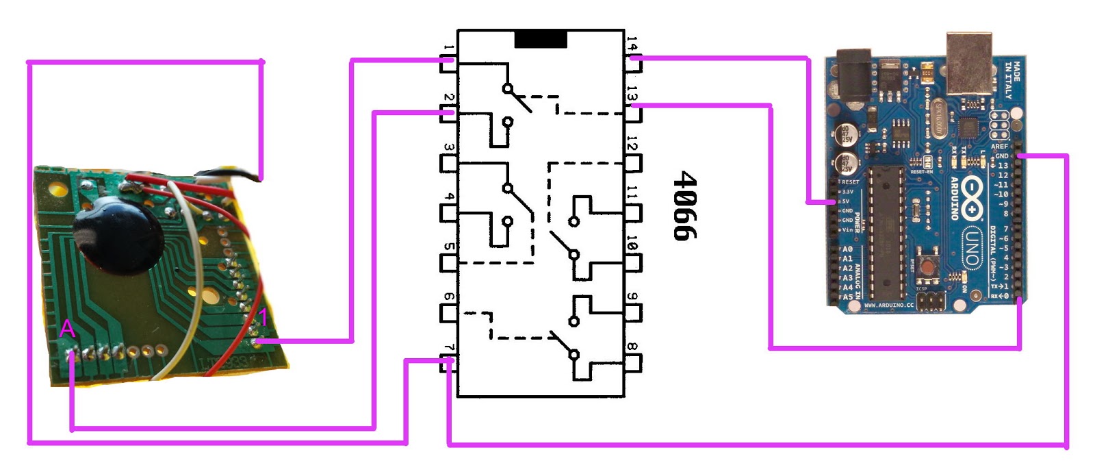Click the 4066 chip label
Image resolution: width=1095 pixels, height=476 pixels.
point(685,205)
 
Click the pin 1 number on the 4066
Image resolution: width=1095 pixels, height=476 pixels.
point(448,49)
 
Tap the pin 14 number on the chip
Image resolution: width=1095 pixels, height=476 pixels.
point(632,45)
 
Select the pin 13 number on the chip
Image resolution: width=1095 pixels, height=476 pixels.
point(632,96)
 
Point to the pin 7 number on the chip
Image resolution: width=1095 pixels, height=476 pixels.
point(448,349)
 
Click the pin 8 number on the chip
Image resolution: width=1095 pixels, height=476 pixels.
point(632,348)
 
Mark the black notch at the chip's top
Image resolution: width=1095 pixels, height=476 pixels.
point(541,40)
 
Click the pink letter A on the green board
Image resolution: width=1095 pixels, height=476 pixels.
point(67,329)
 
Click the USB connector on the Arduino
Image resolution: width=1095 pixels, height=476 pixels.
point(969,62)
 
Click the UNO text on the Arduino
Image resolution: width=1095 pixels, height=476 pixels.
point(971,247)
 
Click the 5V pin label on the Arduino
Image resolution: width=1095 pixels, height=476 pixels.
point(846,201)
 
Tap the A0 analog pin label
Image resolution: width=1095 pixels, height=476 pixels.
point(847,249)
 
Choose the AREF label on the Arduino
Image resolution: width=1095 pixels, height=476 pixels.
point(999,147)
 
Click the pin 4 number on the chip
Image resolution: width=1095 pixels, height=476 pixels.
point(448,197)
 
